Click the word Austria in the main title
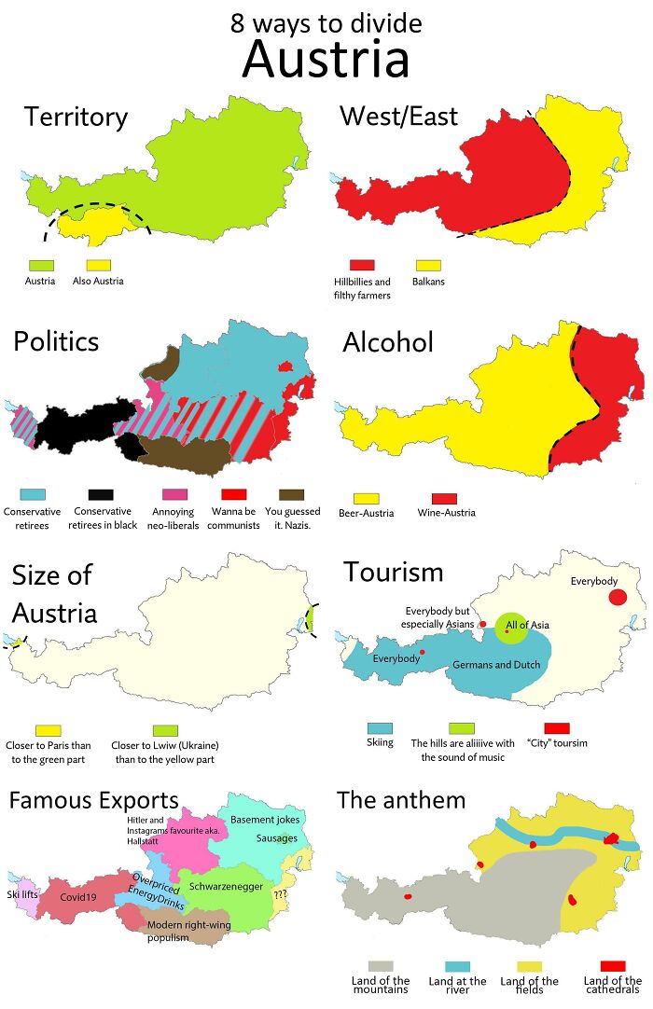coord(326,60)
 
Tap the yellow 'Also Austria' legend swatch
coord(98,266)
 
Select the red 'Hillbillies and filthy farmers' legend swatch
coord(361,266)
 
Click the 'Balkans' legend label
coord(428,282)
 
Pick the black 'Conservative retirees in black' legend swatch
coord(101,494)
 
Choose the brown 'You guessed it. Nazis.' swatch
coord(291,494)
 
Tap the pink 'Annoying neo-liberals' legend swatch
coord(174,494)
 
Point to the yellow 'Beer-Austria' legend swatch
coord(366,499)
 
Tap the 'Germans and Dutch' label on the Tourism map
coord(496,665)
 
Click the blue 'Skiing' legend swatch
coord(380,727)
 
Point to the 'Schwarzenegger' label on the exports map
coord(226,886)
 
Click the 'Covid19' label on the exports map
coord(79,896)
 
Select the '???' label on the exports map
coord(280,893)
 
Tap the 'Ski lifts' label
coord(23,896)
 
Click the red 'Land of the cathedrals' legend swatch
coord(612,965)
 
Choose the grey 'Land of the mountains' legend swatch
coord(381,965)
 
